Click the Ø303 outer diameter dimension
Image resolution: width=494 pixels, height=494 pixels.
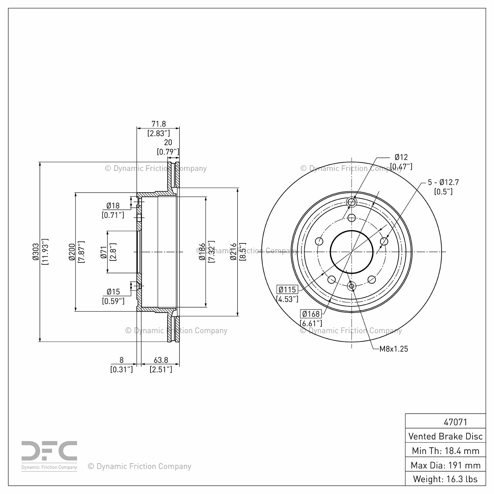[x=36, y=252]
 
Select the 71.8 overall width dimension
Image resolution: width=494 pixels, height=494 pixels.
[x=159, y=124]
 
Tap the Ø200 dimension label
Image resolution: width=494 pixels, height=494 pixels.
[x=72, y=252]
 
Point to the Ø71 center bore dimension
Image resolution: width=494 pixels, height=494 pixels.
[x=104, y=252]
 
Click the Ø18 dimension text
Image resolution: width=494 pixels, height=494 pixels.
[x=113, y=206]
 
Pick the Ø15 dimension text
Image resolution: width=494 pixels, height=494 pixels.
[x=113, y=292]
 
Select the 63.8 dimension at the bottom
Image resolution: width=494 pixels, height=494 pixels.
[x=161, y=360]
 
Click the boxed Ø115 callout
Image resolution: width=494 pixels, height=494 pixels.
[x=288, y=290]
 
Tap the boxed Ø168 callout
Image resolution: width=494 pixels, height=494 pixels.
[x=311, y=314]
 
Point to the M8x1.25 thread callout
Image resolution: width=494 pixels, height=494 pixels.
[x=394, y=349]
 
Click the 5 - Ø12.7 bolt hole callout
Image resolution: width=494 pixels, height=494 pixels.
[x=443, y=182]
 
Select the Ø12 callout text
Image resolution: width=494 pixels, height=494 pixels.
[x=401, y=157]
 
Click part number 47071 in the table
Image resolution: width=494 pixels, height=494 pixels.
[x=456, y=422]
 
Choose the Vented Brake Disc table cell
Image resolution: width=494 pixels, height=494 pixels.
[x=446, y=436]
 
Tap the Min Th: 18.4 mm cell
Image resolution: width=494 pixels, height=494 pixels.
[x=446, y=451]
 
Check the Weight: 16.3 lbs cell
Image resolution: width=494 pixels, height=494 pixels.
[x=446, y=479]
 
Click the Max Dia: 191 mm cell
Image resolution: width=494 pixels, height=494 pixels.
[x=446, y=465]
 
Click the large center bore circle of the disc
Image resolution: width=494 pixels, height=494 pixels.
[x=352, y=252]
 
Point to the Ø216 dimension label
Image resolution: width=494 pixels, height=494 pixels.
[x=233, y=252]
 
